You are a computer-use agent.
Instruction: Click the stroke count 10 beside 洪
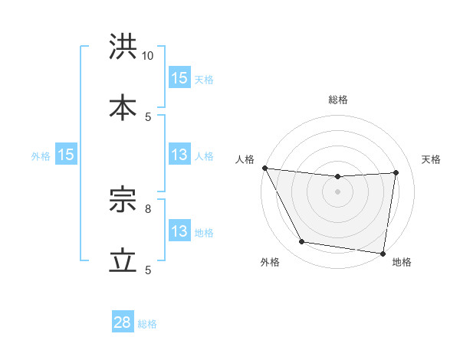[148, 56]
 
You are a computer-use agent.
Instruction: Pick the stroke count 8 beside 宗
[148, 207]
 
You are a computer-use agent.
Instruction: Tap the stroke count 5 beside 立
[148, 270]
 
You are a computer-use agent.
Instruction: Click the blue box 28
[123, 322]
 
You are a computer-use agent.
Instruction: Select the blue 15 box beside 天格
[179, 77]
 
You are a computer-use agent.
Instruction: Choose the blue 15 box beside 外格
[66, 155]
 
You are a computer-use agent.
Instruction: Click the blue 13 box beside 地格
[179, 231]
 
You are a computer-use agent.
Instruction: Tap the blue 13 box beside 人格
[179, 155]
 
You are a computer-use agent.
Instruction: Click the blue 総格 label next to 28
[147, 324]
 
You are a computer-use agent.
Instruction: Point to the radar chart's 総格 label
[338, 100]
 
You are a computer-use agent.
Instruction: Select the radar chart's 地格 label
[402, 263]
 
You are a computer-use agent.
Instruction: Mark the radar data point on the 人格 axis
[265, 168]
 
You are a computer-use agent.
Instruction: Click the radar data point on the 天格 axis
[396, 172]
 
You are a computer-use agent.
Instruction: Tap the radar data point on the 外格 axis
[302, 242]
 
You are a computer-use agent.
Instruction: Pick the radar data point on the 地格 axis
[383, 253]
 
